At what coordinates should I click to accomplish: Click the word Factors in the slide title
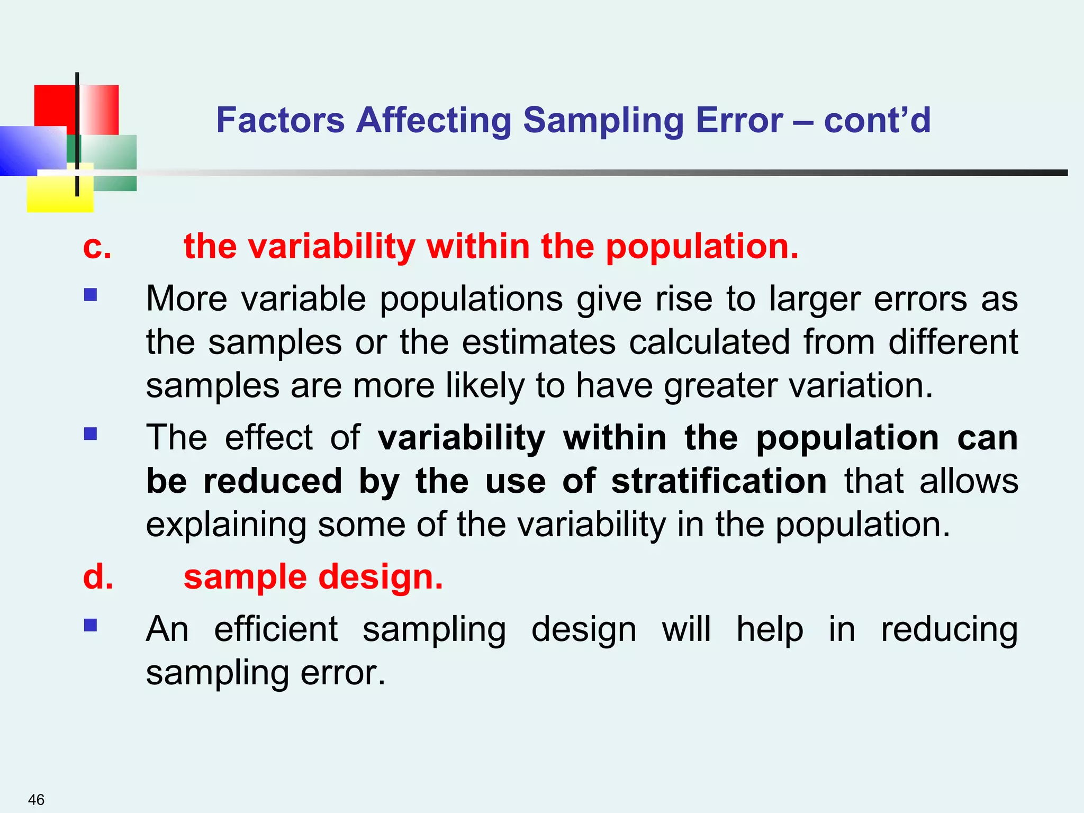pyautogui.click(x=280, y=120)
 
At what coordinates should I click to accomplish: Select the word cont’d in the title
pyautogui.click(x=877, y=120)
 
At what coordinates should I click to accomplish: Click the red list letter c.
pyautogui.click(x=97, y=247)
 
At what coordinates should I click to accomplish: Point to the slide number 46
pyautogui.click(x=36, y=799)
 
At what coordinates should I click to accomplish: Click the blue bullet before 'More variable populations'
pyautogui.click(x=91, y=294)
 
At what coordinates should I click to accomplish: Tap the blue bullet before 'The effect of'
pyautogui.click(x=91, y=434)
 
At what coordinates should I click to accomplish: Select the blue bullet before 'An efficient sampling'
pyautogui.click(x=91, y=626)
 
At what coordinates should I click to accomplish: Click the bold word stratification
pyautogui.click(x=719, y=481)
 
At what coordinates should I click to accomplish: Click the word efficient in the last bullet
pyautogui.click(x=276, y=630)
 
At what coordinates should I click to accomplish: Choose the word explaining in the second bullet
pyautogui.click(x=226, y=525)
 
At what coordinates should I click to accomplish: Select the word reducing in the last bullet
pyautogui.click(x=949, y=630)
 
